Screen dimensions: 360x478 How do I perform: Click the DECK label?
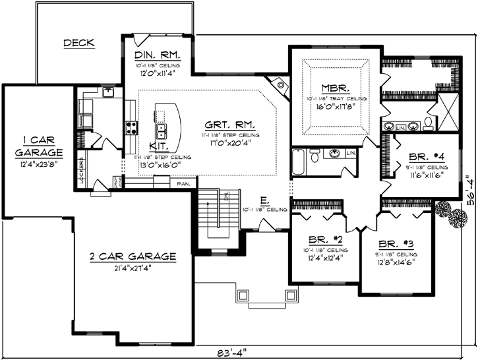78,43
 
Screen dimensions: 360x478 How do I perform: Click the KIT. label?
158,146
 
